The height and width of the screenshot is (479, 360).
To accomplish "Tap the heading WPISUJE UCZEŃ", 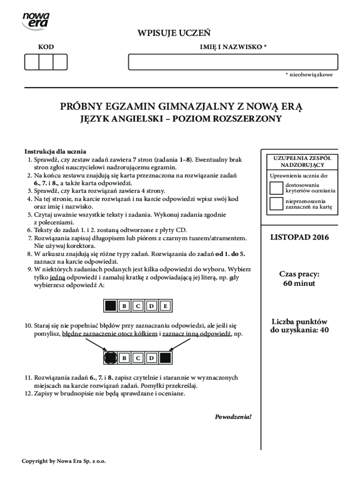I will pyautogui.click(x=173, y=33).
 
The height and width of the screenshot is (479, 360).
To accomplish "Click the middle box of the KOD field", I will pyautogui.click(x=46, y=62).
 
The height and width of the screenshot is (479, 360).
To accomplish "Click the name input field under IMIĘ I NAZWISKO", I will pyautogui.click(x=233, y=62).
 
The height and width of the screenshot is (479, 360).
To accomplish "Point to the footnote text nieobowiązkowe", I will pyautogui.click(x=311, y=75).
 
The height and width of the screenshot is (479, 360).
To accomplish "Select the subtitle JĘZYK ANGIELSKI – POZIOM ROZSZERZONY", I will pyautogui.click(x=180, y=119).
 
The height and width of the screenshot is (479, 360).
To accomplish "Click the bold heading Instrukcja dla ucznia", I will pyautogui.click(x=55, y=152).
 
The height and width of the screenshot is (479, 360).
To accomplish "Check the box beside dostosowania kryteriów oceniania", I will pyautogui.click(x=276, y=188).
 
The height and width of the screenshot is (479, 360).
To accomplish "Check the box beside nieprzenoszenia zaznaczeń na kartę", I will pyautogui.click(x=276, y=204).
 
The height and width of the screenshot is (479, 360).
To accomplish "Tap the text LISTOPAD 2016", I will pyautogui.click(x=299, y=238).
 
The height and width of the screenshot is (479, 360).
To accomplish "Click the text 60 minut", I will pyautogui.click(x=299, y=283).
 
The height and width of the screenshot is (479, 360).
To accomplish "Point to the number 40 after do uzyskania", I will pyautogui.click(x=324, y=330).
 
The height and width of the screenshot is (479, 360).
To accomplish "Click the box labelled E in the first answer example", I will pyautogui.click(x=166, y=306).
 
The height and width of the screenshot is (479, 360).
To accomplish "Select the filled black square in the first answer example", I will pyautogui.click(x=110, y=306).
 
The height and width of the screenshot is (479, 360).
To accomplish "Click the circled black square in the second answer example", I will pyautogui.click(x=110, y=358).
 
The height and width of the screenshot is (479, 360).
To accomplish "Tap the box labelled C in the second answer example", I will pyautogui.click(x=138, y=358).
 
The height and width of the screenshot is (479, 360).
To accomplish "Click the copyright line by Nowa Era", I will pyautogui.click(x=64, y=461).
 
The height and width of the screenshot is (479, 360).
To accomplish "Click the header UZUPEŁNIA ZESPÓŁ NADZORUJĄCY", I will pyautogui.click(x=299, y=162).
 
